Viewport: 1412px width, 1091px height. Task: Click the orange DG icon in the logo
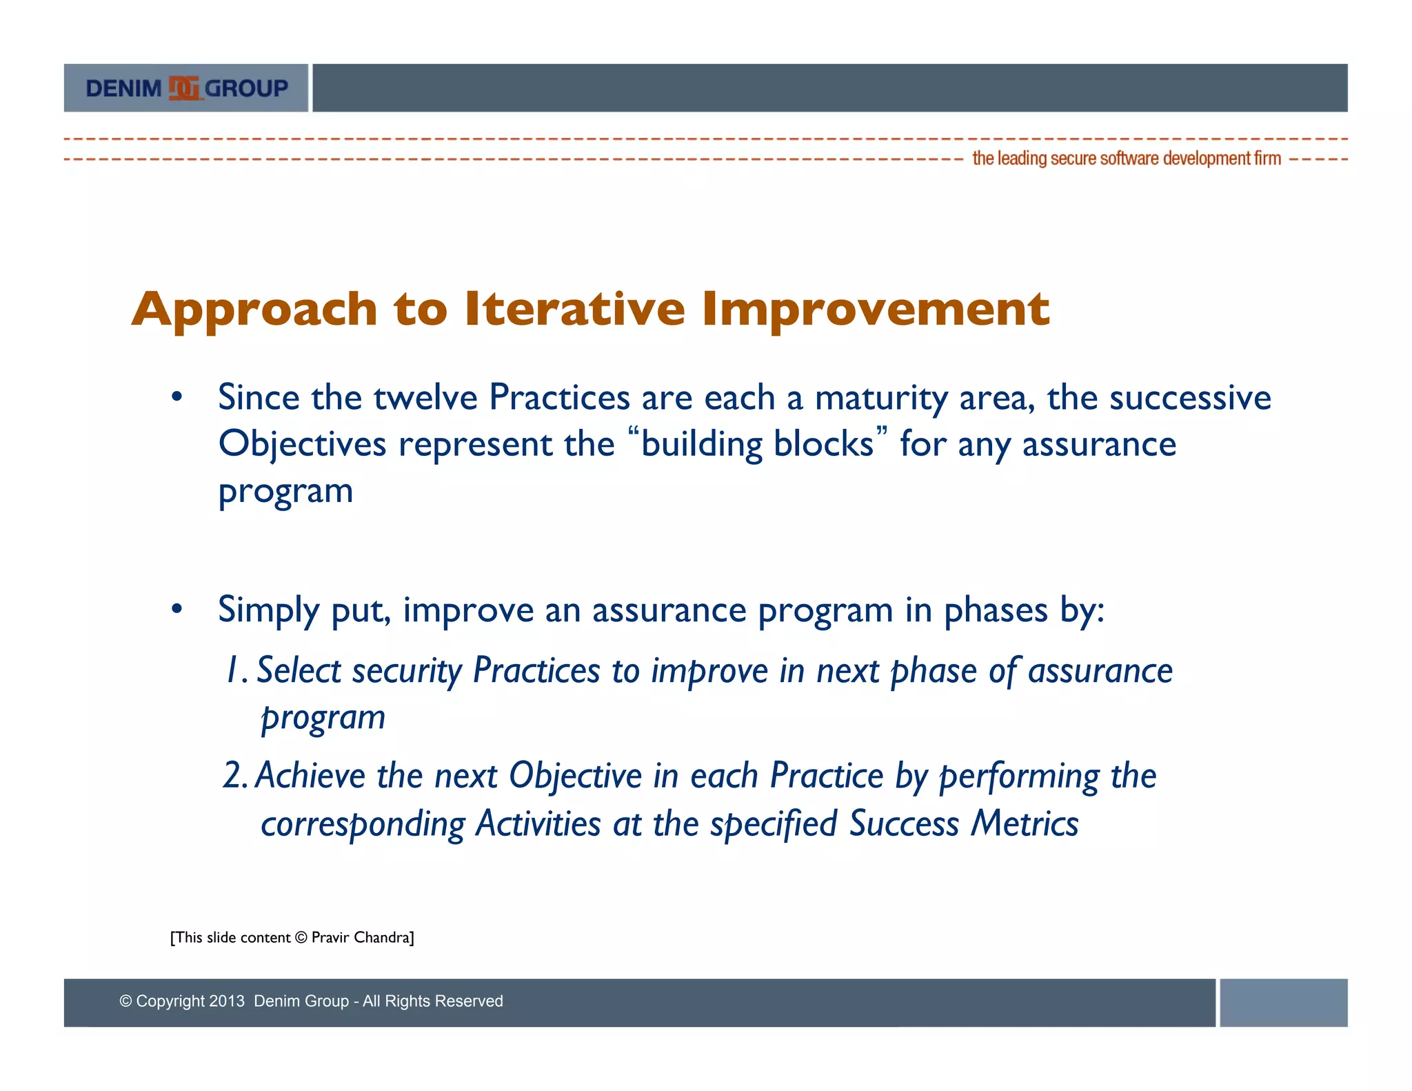pos(184,88)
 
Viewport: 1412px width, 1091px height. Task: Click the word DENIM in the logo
pos(123,89)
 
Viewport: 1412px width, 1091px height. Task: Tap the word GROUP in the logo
pos(246,89)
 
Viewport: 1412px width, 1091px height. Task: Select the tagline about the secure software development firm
pos(1127,159)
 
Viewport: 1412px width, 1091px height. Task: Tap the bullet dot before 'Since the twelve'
pos(177,397)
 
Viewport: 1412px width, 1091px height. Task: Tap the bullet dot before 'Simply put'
pos(177,609)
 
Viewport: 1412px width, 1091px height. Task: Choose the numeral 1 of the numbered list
pos(234,670)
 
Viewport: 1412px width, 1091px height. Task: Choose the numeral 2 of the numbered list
pos(234,775)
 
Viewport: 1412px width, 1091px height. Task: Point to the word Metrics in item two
pos(1025,823)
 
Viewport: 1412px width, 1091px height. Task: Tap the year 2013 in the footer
pos(227,1001)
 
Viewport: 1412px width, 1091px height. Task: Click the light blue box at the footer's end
pos(1284,1003)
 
